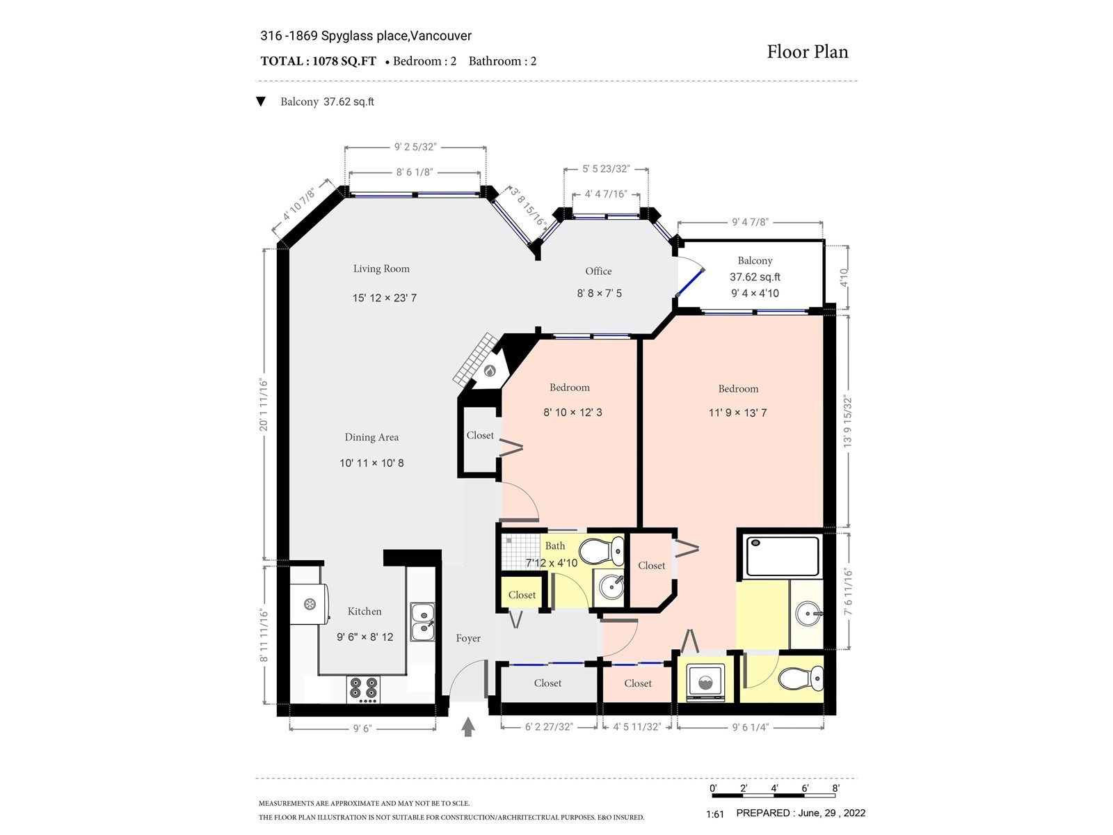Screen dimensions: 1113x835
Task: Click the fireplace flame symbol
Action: coord(489,371)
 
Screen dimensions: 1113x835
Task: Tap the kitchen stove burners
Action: coord(364,690)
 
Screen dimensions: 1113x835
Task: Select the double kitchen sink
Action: coord(422,622)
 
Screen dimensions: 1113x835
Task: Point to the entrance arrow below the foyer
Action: coord(468,726)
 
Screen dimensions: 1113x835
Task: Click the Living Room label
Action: coord(381,269)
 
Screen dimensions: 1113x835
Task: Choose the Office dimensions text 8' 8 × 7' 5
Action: coord(599,293)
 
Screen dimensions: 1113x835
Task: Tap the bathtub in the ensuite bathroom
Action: coord(781,556)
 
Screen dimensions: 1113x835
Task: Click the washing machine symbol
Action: coord(706,682)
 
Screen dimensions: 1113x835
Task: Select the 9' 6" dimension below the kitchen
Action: coord(362,729)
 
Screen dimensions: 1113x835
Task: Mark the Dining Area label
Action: coord(371,437)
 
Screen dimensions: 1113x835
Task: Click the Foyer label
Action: coord(468,638)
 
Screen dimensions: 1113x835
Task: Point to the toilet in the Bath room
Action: coord(602,552)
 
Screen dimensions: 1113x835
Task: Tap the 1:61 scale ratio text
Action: coord(715,814)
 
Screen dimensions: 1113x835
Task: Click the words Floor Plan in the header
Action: coord(807,51)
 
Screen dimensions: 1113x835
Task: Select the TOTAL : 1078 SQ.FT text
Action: coord(319,61)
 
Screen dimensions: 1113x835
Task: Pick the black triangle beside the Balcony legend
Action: coord(261,102)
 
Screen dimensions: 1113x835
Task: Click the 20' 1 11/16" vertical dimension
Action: coord(264,404)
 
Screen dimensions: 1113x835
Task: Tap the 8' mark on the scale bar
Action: coord(835,788)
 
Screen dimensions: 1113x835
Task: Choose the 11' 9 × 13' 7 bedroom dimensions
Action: coord(738,413)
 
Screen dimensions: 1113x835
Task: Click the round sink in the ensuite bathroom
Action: coord(808,614)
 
